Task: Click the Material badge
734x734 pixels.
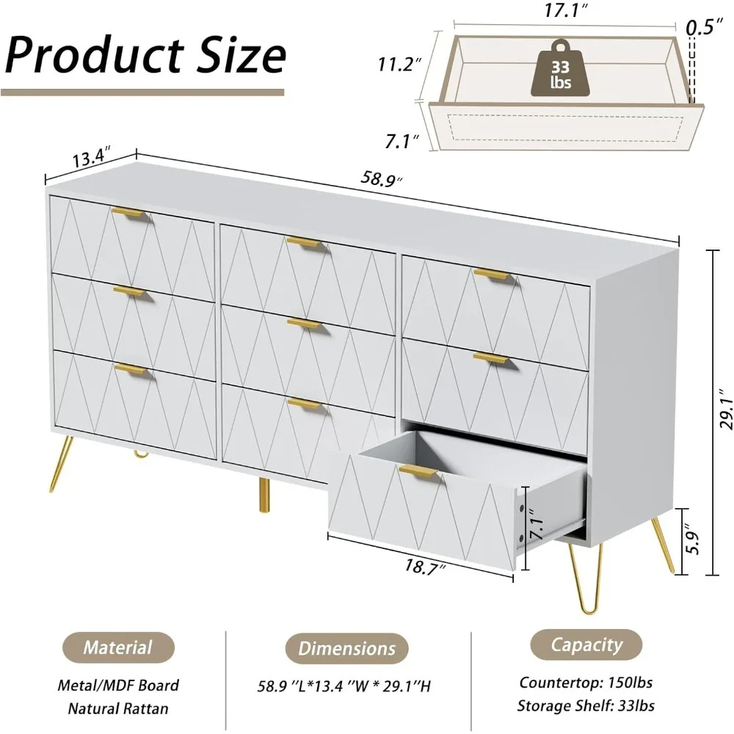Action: point(117,647)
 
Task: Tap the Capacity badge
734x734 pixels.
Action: point(586,645)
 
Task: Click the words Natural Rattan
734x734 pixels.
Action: point(118,708)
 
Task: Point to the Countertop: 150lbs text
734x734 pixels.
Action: point(586,682)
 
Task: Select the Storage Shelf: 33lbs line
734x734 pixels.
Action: point(586,705)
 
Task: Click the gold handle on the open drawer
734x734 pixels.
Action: point(418,471)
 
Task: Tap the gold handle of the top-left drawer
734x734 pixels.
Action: point(131,214)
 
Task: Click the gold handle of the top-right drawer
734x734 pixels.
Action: point(492,275)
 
